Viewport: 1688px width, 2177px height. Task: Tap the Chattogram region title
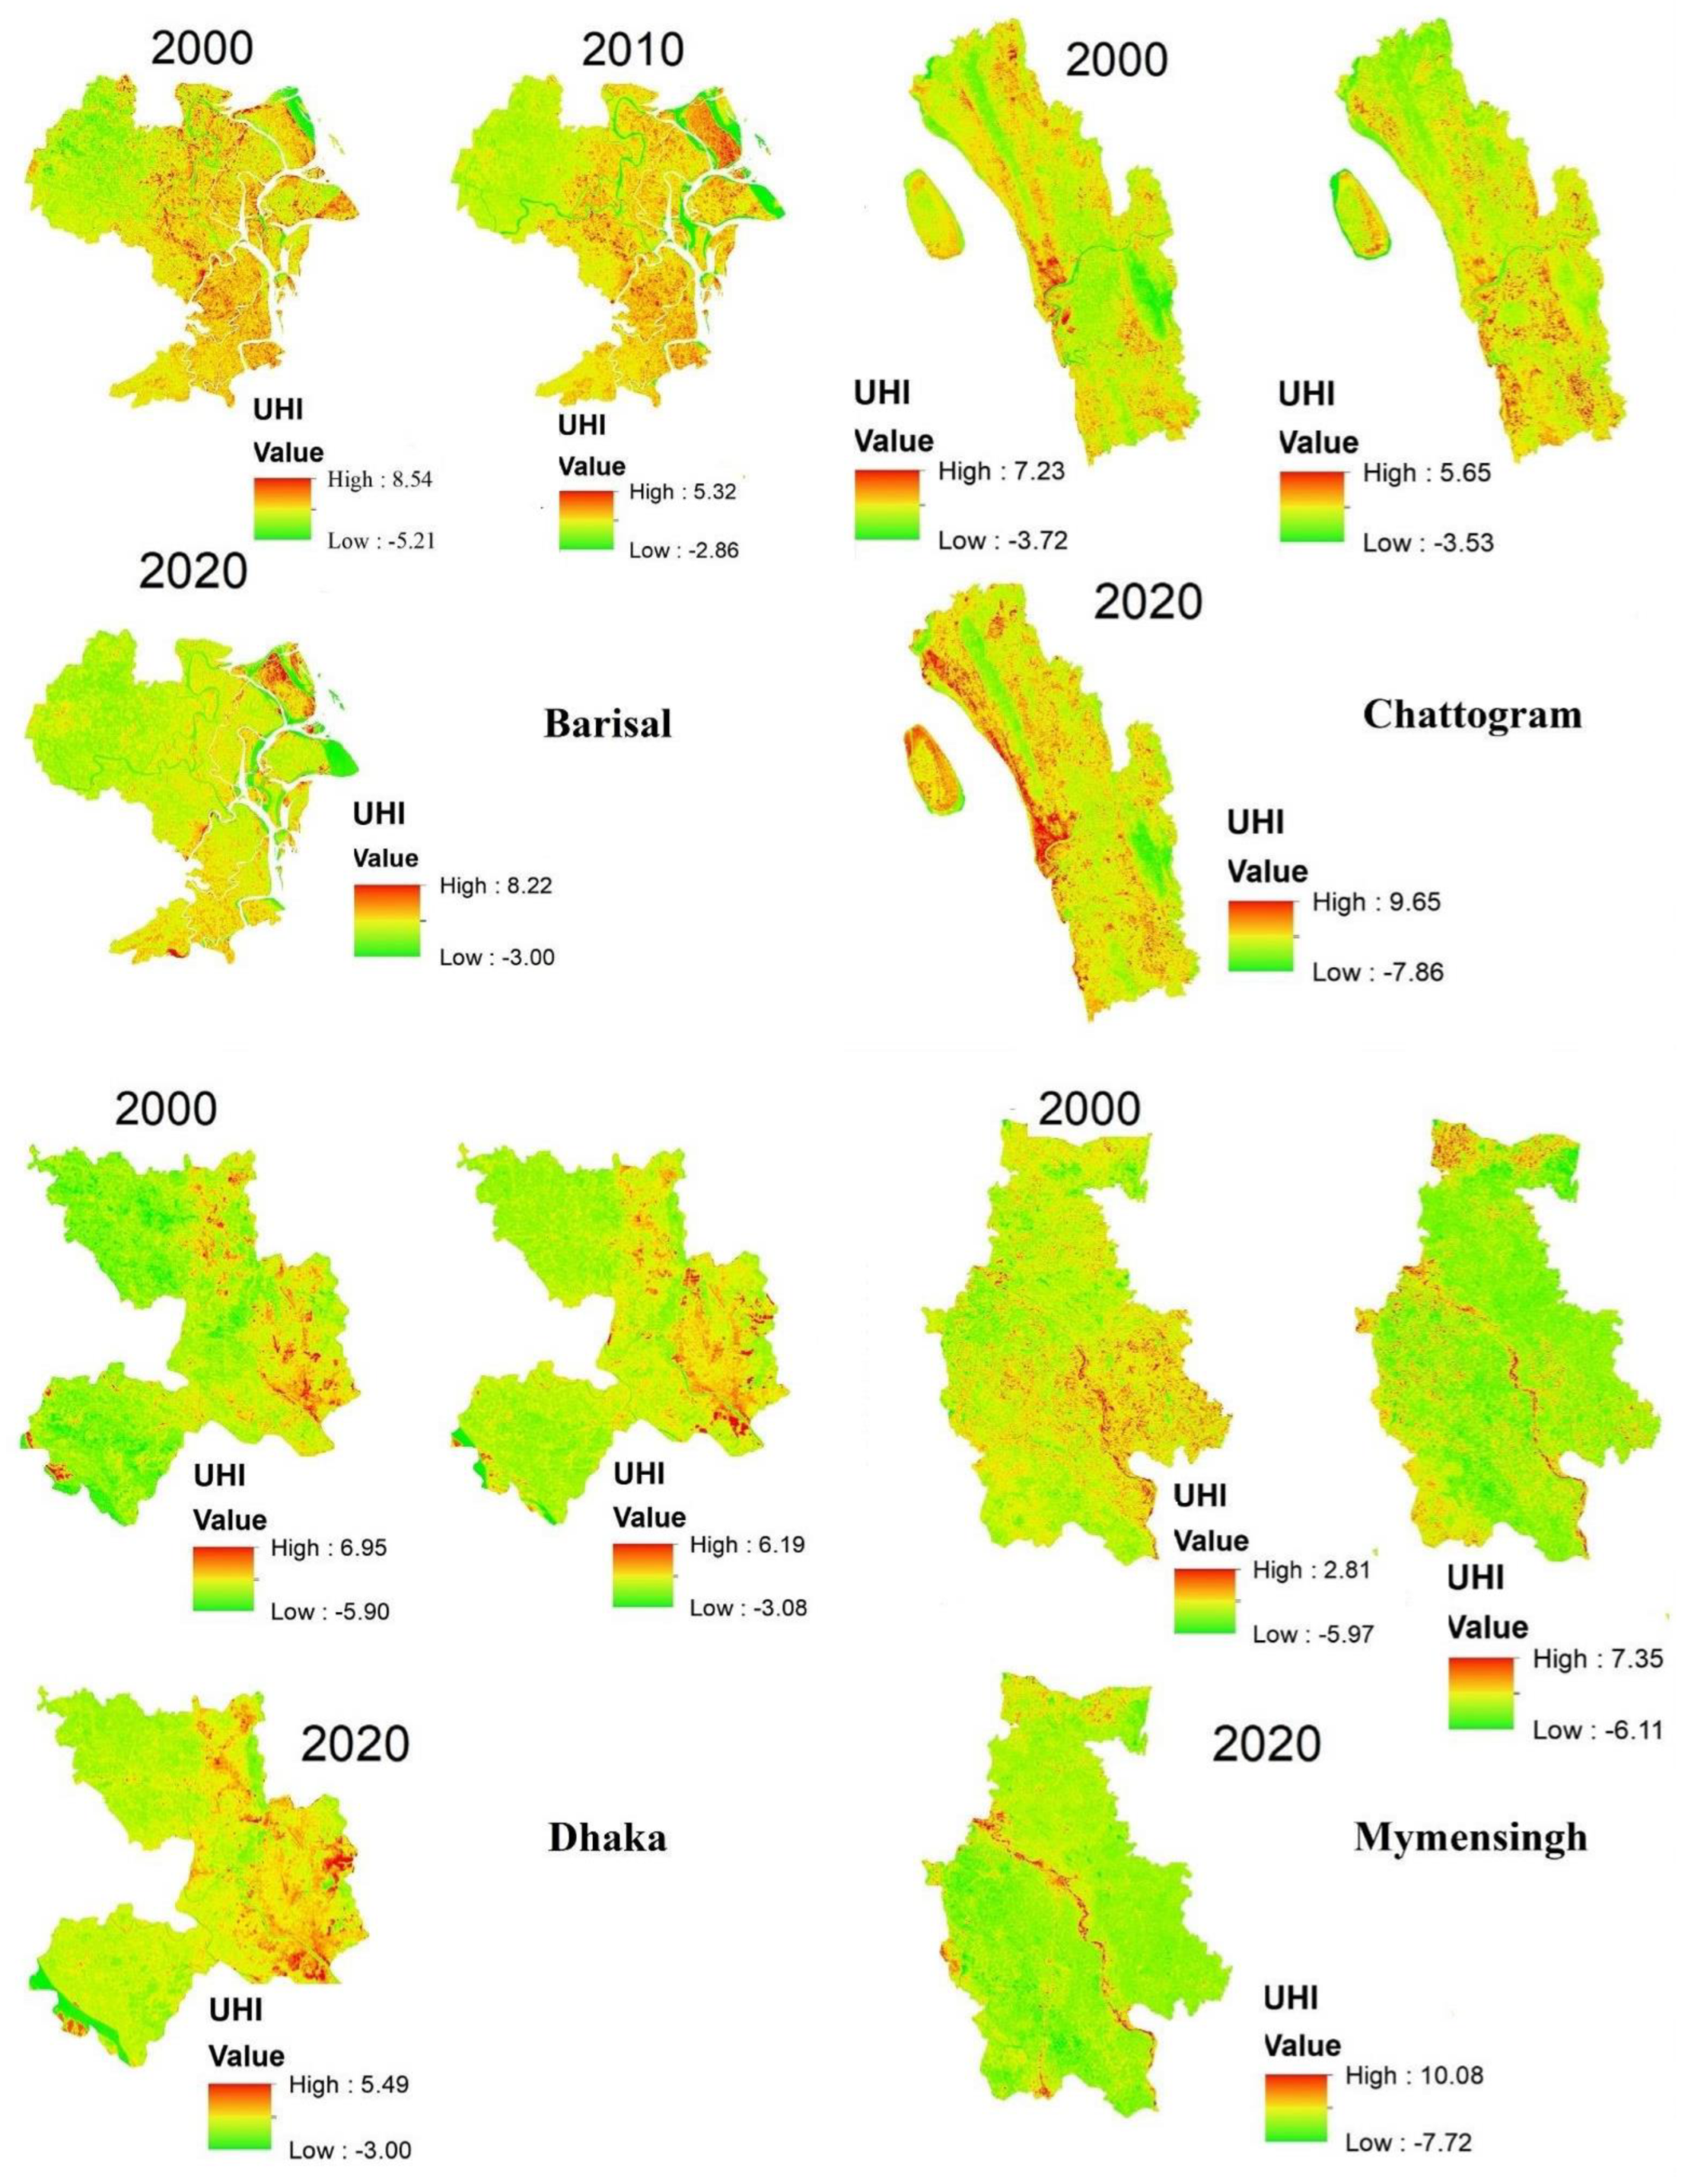click(1471, 715)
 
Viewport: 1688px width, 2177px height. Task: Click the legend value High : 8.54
click(380, 480)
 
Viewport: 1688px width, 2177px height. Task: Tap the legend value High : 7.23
click(1002, 471)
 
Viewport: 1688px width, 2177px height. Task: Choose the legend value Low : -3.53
click(1428, 543)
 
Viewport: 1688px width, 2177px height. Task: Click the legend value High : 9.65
click(1376, 903)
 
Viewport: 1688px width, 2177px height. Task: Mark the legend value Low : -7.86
click(1377, 972)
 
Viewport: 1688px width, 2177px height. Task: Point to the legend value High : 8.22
click(495, 885)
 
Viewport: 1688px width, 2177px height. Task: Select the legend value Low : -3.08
click(747, 1608)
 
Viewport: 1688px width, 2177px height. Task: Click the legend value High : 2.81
click(1311, 1570)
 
